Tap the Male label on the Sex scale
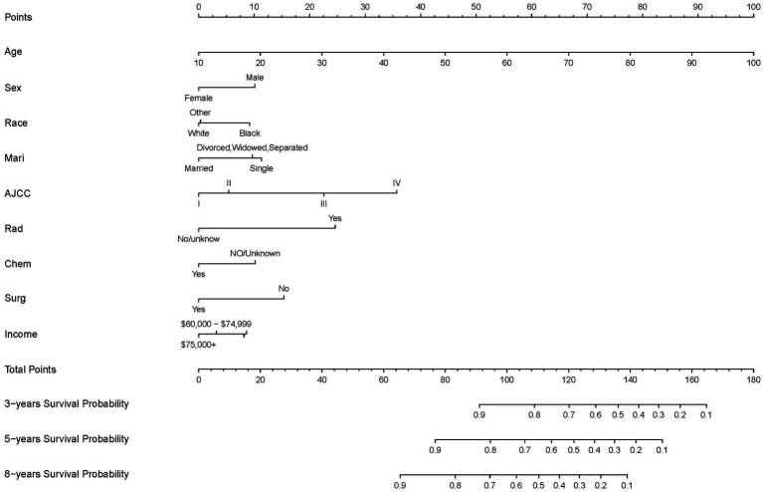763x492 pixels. point(255,78)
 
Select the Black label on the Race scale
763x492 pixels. point(249,132)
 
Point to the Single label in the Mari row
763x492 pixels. point(261,168)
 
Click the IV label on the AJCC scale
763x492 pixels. point(397,183)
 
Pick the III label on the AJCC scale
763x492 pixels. point(323,203)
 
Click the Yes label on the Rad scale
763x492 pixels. point(335,218)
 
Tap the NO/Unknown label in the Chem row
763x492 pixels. point(255,254)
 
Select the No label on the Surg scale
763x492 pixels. point(285,289)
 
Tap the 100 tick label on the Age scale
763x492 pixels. point(751,63)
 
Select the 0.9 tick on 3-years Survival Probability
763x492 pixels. point(478,414)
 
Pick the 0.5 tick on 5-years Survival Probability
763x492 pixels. point(573,450)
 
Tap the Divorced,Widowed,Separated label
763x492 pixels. point(252,147)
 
